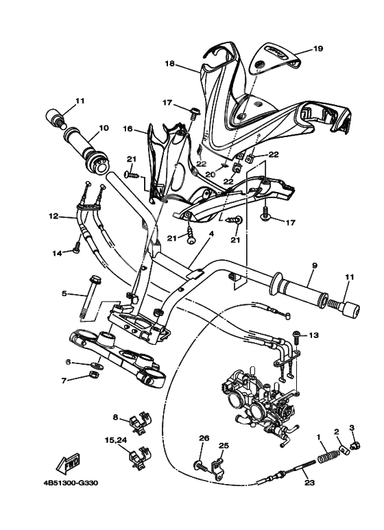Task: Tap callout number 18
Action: coord(169,63)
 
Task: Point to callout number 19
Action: coord(317,49)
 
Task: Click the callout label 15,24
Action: coord(116,439)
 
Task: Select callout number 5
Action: coord(64,293)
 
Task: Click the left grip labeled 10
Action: coord(90,148)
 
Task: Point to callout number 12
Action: coord(53,217)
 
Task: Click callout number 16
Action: coord(128,128)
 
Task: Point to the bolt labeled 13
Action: coord(296,337)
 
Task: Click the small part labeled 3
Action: coord(355,446)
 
